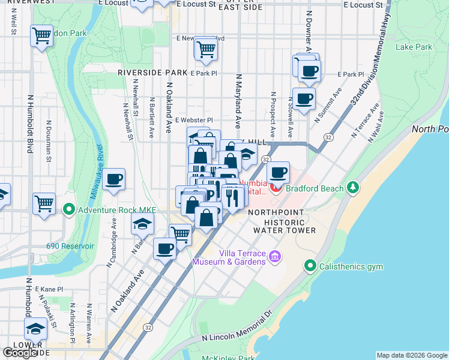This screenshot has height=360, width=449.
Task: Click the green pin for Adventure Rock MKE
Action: pos(69,210)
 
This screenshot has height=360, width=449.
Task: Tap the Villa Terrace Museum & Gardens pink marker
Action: pos(275,257)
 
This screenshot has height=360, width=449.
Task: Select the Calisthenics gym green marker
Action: pos(310,265)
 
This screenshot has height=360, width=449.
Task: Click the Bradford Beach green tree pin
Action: pos(354,188)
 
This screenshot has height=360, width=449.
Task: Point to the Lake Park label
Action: pos(414,47)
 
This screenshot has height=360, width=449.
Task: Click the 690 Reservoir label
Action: pos(70,246)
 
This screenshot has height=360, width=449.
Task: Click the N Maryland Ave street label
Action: pos(238,102)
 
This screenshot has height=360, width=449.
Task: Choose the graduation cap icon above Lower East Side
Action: pos(35,329)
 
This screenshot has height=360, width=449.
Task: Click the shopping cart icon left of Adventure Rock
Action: pos(44,203)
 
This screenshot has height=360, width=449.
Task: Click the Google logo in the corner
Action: pos(20,353)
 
